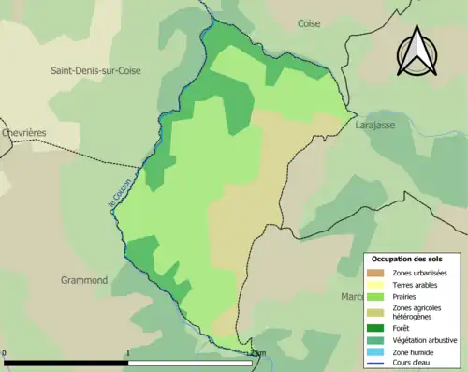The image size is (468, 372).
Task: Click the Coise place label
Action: click(309, 23)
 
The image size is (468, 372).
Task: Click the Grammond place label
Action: click(84, 279)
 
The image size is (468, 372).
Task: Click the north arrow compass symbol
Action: click(417, 51)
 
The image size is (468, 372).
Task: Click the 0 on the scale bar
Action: click(6, 353)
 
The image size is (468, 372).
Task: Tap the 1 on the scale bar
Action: click(127, 353)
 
